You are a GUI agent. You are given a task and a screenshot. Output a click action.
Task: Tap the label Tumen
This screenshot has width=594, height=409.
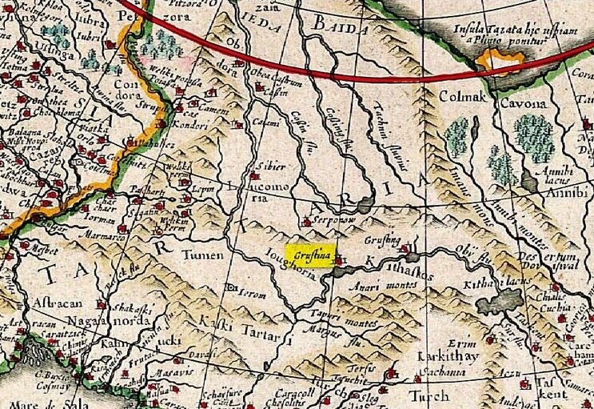(198, 257)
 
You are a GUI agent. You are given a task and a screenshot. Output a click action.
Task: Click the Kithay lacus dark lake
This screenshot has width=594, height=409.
(500, 300)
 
